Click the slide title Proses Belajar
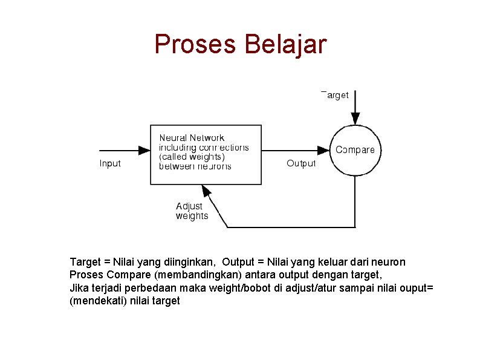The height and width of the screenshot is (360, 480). coord(240,44)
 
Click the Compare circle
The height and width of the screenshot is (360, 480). coord(355,150)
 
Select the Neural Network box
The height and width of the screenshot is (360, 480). coord(206,154)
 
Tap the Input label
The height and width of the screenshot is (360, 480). coord(110,163)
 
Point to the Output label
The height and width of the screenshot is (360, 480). coord(301,163)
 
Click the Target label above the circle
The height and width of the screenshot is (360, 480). coord(335,95)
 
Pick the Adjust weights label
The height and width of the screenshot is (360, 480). coord(192,211)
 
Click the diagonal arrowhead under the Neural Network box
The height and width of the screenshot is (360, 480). coord(207,191)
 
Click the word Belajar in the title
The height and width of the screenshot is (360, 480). coord(285,44)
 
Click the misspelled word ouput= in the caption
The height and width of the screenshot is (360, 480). coord(418,287)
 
